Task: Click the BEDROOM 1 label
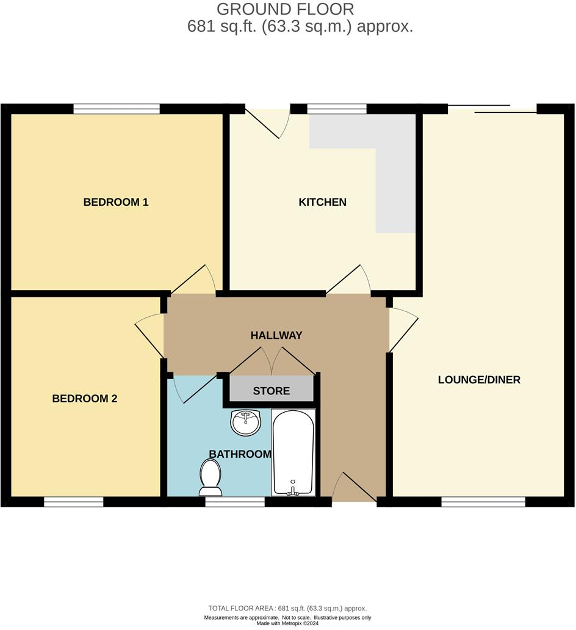pos(116,202)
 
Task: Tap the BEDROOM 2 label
pos(84,399)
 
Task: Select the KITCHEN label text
pos(322,202)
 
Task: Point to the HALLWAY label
pos(276,335)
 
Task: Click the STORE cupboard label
pos(272,391)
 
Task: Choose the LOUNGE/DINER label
pos(479,380)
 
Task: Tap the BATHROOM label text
pos(240,454)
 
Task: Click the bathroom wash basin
pos(246,421)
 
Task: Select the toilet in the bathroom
pos(210,477)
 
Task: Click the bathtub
pos(293,452)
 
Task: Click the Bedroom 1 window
pos(117,109)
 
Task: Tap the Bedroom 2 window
pos(73,502)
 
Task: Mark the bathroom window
pos(235,502)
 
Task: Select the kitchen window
pos(337,109)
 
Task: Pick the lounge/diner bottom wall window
pos(483,502)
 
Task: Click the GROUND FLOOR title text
pos(285,9)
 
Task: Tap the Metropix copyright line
pos(287,623)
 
